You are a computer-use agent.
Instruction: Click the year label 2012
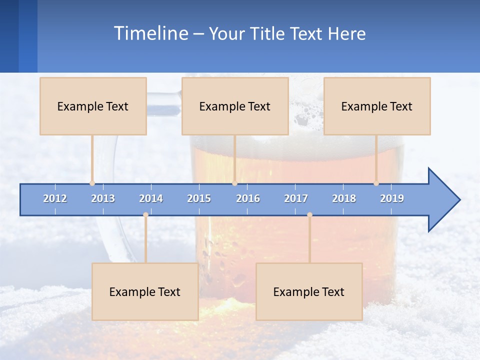[x=55, y=198]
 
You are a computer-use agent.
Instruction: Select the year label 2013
[x=103, y=198]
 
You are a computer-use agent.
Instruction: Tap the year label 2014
[x=151, y=198]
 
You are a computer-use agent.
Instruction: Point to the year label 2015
[x=199, y=198]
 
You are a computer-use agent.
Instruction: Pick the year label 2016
[x=248, y=198]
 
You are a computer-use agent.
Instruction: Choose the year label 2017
[x=296, y=198]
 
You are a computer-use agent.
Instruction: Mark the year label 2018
[x=344, y=198]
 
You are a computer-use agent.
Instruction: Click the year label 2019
[x=392, y=198]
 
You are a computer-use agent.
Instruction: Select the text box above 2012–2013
[x=93, y=106]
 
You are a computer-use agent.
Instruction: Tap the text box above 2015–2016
[x=235, y=106]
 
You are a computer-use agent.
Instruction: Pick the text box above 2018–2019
[x=377, y=106]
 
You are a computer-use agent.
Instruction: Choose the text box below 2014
[x=145, y=291]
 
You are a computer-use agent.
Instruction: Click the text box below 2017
[x=309, y=291]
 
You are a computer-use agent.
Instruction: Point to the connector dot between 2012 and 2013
[x=92, y=183]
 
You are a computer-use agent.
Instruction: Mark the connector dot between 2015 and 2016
[x=234, y=183]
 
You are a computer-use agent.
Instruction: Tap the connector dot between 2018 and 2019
[x=376, y=183]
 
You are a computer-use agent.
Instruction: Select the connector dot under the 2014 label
[x=145, y=215]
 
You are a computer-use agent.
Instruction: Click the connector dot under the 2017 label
[x=309, y=215]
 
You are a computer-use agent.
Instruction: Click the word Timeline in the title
[x=150, y=33]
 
